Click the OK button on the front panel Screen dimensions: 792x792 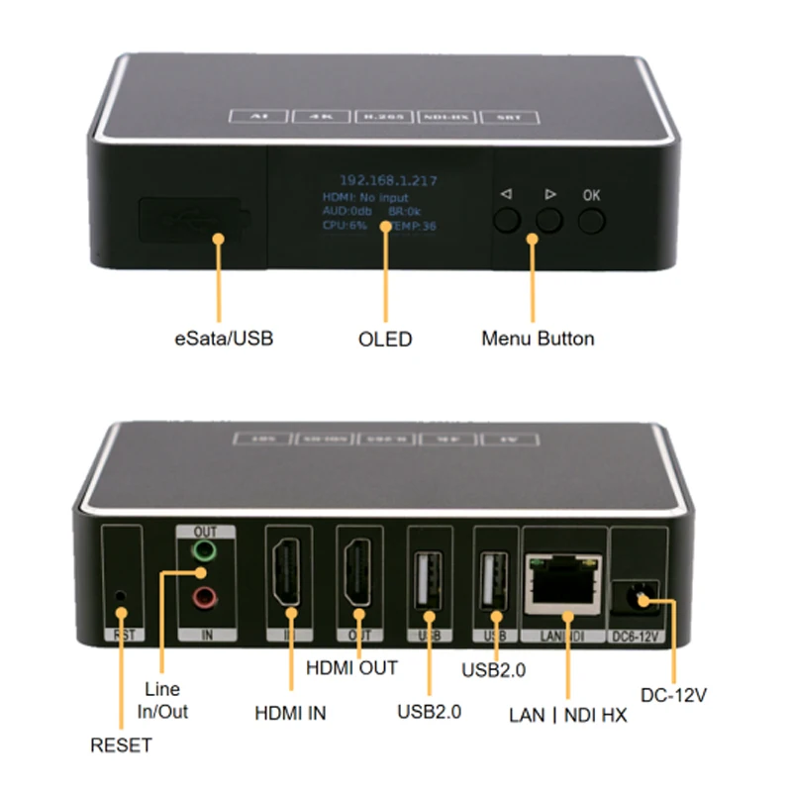coord(592,218)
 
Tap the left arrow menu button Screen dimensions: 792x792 coord(507,218)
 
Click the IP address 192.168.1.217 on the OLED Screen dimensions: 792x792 coord(389,181)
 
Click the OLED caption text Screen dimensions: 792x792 coord(384,340)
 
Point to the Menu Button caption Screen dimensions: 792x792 coord(538,339)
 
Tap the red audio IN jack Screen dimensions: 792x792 coord(203,596)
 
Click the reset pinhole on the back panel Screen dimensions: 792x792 coord(121,595)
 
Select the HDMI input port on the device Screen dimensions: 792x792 coord(289,579)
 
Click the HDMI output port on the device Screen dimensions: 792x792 coord(357,579)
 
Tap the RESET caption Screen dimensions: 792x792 coord(121,744)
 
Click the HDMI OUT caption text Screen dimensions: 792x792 coord(351,668)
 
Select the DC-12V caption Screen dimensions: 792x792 coord(672,695)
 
